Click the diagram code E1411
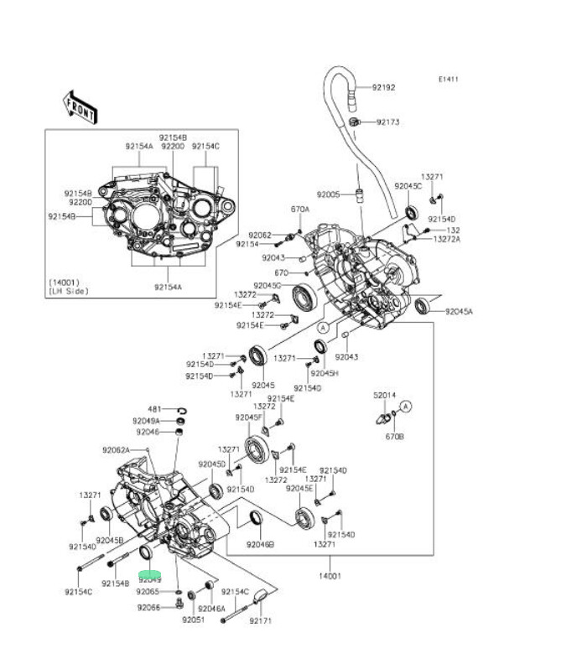[x=449, y=80]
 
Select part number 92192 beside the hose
[x=383, y=87]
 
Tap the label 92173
[x=387, y=122]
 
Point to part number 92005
[x=327, y=194]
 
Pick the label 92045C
[x=408, y=185]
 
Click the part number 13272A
[x=447, y=240]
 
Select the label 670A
[x=300, y=209]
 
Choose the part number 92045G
[x=268, y=285]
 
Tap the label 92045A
[x=459, y=311]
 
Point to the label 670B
[x=394, y=437]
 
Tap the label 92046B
[x=260, y=544]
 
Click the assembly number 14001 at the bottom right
[x=330, y=576]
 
